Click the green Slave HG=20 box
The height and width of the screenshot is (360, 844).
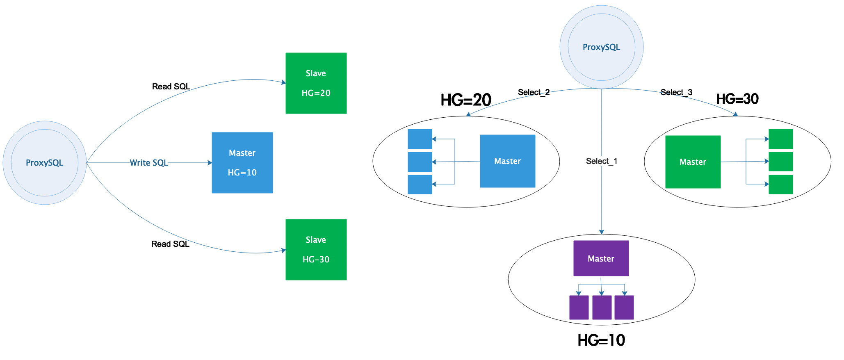pyautogui.click(x=316, y=83)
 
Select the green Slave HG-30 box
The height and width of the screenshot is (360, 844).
pyautogui.click(x=316, y=249)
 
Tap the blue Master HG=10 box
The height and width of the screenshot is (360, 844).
pyautogui.click(x=242, y=162)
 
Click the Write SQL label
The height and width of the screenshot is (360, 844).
pyautogui.click(x=149, y=163)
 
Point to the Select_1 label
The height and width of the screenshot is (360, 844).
pyautogui.click(x=601, y=161)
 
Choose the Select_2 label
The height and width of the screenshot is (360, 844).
pyautogui.click(x=534, y=92)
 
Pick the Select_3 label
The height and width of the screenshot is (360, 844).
pyautogui.click(x=676, y=92)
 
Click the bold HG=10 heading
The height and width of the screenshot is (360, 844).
pyautogui.click(x=601, y=340)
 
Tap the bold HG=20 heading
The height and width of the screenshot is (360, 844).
pyautogui.click(x=466, y=100)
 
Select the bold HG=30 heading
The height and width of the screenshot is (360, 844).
pyautogui.click(x=737, y=99)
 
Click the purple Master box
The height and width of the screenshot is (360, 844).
pyautogui.click(x=601, y=258)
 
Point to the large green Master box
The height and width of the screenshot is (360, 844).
pyautogui.click(x=693, y=162)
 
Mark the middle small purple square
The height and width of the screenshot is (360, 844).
pyautogui.click(x=602, y=307)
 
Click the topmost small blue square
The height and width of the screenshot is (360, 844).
pyautogui.click(x=420, y=139)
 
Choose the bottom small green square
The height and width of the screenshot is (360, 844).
pyautogui.click(x=780, y=184)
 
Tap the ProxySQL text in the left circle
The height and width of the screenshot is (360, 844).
pyautogui.click(x=44, y=163)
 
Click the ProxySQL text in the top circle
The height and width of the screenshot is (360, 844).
pyautogui.click(x=601, y=47)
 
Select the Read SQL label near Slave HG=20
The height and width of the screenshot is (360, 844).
pyautogui.click(x=171, y=87)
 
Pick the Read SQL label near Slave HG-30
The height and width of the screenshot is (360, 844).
pyautogui.click(x=170, y=244)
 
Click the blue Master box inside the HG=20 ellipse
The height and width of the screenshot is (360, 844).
pyautogui.click(x=507, y=161)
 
